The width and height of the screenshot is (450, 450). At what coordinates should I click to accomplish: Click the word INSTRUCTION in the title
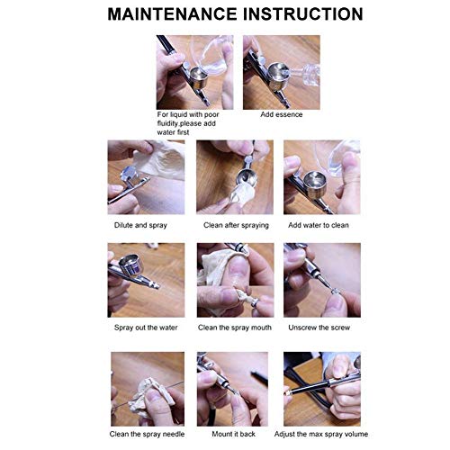coord(293,15)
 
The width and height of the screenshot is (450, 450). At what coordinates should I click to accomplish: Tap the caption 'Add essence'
coord(281,115)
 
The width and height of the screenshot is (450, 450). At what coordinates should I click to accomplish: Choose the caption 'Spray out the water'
coord(146,328)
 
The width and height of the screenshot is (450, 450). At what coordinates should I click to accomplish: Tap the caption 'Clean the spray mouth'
coord(236,328)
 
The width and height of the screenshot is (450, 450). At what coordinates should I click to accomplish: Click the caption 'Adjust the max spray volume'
coord(321,433)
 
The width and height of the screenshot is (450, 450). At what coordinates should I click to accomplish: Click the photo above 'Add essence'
coord(281,72)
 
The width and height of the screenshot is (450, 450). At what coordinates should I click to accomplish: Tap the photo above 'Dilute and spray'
coord(146,177)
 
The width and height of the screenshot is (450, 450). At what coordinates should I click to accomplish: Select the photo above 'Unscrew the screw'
coord(321,280)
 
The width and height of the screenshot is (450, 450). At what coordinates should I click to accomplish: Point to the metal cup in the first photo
coord(195,85)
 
